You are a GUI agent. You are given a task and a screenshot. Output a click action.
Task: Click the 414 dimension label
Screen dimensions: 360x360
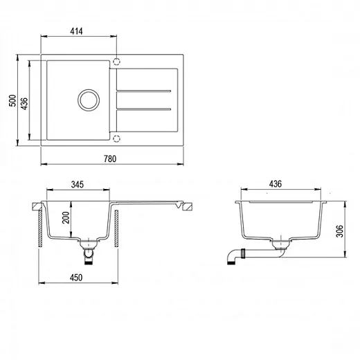76,31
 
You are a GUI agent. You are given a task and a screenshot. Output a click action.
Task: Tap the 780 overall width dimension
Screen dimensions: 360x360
110,159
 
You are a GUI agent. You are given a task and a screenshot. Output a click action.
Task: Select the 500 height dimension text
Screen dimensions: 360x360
12,100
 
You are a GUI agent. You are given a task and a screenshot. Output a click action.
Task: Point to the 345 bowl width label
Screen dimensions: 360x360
78,185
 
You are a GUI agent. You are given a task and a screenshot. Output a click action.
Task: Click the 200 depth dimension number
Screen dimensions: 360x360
66,217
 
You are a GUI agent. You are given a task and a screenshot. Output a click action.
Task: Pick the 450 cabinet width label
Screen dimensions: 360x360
76,278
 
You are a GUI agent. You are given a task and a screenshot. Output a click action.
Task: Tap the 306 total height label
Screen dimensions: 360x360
340,231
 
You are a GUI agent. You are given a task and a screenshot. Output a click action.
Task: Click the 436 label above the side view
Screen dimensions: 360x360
276,184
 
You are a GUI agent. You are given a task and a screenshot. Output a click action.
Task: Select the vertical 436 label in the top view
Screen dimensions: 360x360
24,104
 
